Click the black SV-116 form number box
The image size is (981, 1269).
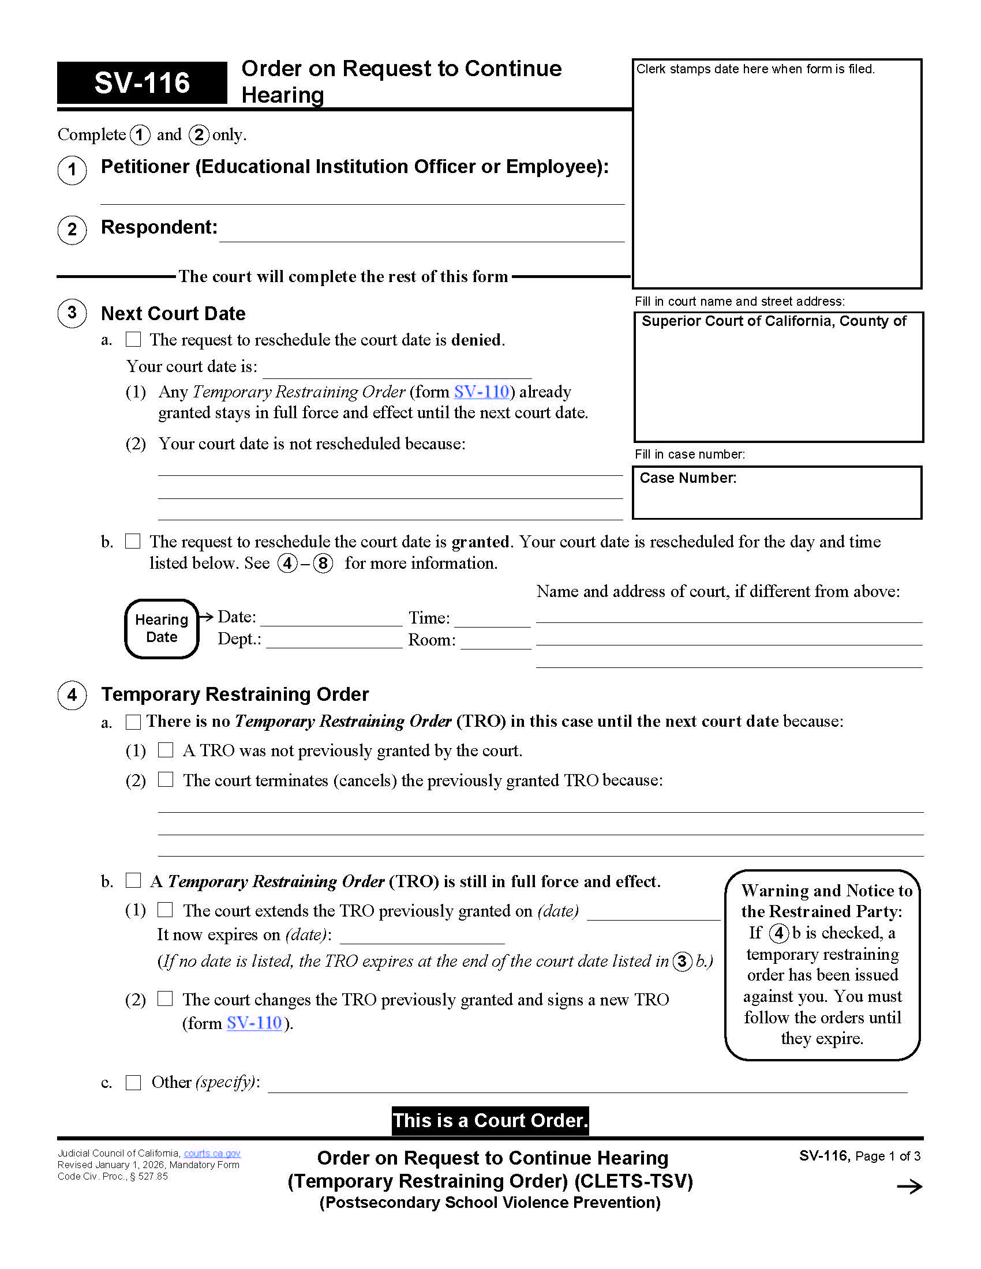[x=142, y=82]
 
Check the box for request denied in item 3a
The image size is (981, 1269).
[x=134, y=339]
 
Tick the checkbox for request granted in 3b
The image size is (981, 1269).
[x=133, y=541]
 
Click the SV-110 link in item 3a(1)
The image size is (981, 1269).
[x=481, y=392]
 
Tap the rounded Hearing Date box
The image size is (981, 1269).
[x=162, y=628]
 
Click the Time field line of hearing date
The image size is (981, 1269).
[x=492, y=620]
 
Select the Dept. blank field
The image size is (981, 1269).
[x=334, y=640]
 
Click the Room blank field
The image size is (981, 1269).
[x=496, y=641]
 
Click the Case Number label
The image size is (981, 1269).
[x=687, y=478]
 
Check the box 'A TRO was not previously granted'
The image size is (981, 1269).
[x=166, y=749]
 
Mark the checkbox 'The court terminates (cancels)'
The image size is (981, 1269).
[x=166, y=779]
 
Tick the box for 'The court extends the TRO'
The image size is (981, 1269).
[x=166, y=909]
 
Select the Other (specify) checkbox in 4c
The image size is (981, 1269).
[x=134, y=1082]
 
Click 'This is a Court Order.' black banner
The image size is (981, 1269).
[x=490, y=1120]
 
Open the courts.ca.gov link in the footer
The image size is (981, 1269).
[x=212, y=1154]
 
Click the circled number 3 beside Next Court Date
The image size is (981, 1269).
[x=72, y=313]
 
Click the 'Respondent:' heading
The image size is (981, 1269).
[x=159, y=227]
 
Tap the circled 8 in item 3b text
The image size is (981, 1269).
[x=323, y=562]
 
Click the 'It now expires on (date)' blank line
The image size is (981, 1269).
[x=422, y=937]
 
